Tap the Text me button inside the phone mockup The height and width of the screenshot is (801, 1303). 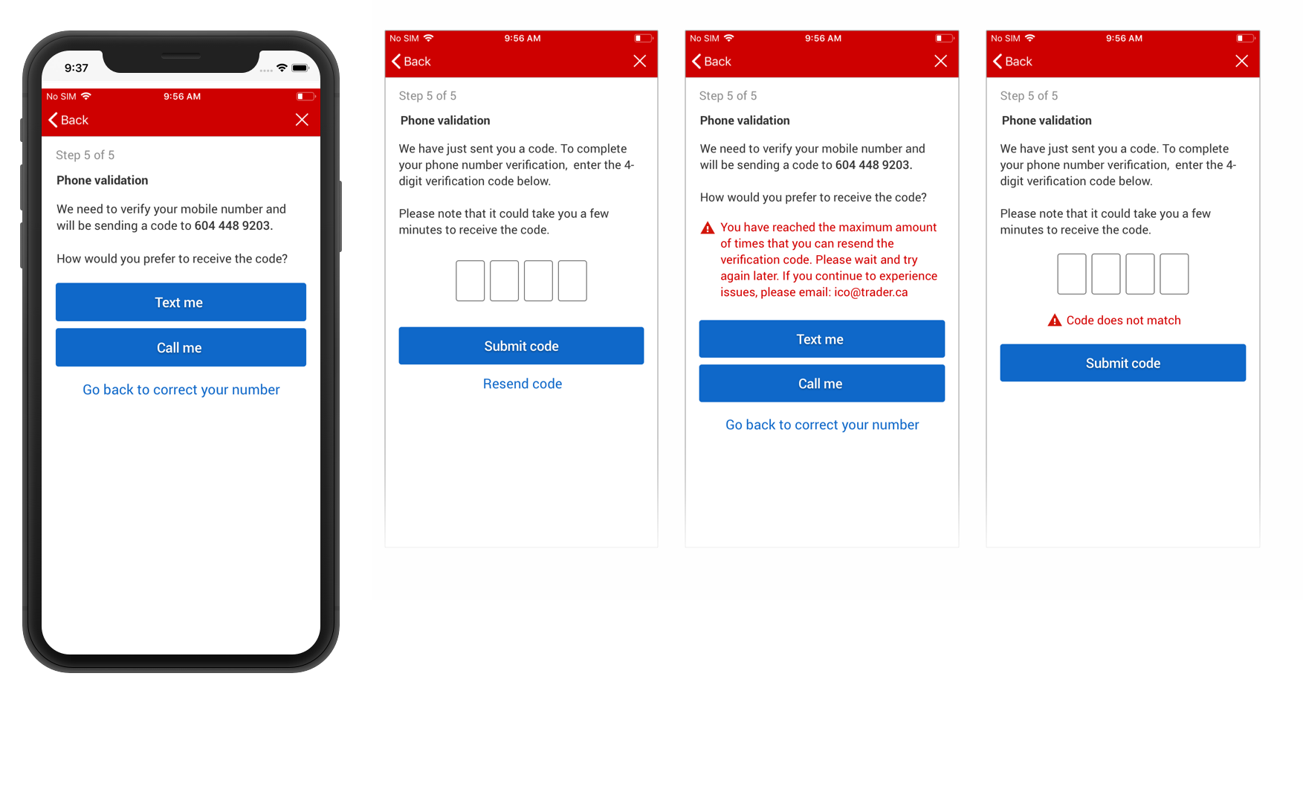pyautogui.click(x=181, y=302)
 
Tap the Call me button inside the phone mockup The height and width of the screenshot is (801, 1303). pyautogui.click(x=181, y=347)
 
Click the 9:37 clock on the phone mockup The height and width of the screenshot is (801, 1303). pyautogui.click(x=77, y=68)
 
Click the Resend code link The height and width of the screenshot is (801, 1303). pyautogui.click(x=523, y=384)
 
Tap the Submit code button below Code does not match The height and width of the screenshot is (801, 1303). pyautogui.click(x=1122, y=363)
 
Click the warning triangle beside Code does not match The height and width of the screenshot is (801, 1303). pyautogui.click(x=1054, y=321)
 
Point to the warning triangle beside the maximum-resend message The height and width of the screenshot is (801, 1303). pyautogui.click(x=708, y=228)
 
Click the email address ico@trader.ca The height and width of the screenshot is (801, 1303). pyautogui.click(x=871, y=292)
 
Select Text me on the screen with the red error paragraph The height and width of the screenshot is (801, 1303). pyautogui.click(x=821, y=339)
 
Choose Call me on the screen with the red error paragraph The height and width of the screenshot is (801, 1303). pyautogui.click(x=821, y=384)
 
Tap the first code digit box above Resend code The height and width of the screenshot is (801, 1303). pyautogui.click(x=471, y=280)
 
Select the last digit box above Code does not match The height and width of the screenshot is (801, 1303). pyautogui.click(x=1174, y=274)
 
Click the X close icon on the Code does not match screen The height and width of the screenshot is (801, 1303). pyautogui.click(x=1241, y=61)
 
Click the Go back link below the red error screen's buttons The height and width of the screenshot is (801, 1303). pyautogui.click(x=822, y=425)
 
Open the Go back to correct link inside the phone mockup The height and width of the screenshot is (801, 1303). pyautogui.click(x=181, y=390)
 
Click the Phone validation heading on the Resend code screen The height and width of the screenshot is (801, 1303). pyautogui.click(x=445, y=120)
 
